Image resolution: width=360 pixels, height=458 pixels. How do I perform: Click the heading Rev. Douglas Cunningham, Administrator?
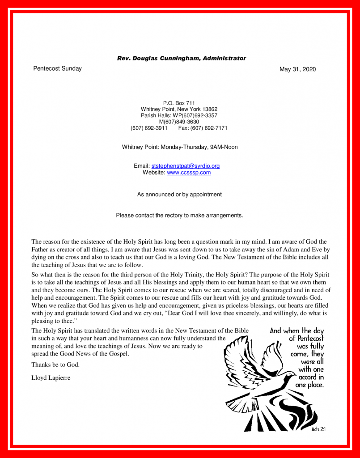point(181,58)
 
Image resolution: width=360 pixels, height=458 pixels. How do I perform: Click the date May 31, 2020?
point(297,69)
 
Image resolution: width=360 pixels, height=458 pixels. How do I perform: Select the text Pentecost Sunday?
point(57,68)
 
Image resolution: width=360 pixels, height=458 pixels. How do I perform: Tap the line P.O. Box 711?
point(179,103)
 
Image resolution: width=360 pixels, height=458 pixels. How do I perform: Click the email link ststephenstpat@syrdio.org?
point(186,166)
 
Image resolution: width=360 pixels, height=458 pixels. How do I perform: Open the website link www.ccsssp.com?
point(189,173)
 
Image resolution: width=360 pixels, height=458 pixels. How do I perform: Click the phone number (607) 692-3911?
point(149,128)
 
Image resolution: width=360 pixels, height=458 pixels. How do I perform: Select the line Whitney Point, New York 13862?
point(179,109)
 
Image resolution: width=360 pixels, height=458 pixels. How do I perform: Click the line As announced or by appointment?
point(179,195)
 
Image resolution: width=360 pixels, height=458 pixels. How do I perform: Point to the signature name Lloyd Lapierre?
point(51,377)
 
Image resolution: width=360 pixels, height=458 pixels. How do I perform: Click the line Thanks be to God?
point(55,365)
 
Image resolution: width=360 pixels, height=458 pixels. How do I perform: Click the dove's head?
point(291,375)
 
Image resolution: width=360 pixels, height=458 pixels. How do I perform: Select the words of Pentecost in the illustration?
point(306,339)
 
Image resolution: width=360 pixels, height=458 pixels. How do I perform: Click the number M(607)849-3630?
point(179,122)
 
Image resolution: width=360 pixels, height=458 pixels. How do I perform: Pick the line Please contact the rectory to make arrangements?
point(179,215)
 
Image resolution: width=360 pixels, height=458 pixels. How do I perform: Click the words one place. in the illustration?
point(309,385)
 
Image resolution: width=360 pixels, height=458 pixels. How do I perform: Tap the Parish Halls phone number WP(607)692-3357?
point(196,115)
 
